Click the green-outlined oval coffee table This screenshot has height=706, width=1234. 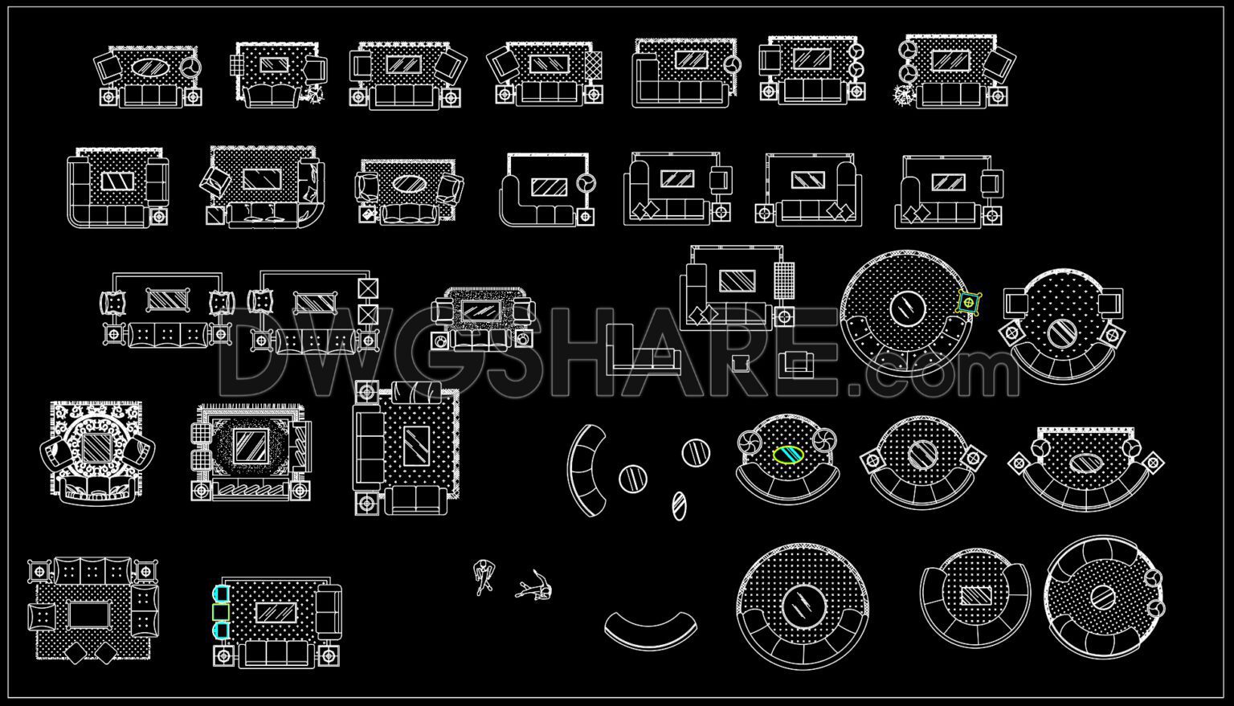pos(788,455)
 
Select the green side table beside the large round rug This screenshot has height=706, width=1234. pos(970,303)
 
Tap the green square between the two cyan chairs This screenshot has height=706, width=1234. pos(220,612)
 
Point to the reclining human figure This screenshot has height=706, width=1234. pos(534,587)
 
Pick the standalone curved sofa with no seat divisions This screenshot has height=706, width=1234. pos(651,631)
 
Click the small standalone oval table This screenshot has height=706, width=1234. pos(680,505)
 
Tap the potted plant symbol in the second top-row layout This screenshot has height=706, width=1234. pos(313,96)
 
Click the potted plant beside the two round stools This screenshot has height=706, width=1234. pos(904,96)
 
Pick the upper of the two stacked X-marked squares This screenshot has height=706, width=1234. pos(368,288)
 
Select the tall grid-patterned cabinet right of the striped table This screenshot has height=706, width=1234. pos(785,281)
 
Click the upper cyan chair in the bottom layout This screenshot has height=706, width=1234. pos(220,594)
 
